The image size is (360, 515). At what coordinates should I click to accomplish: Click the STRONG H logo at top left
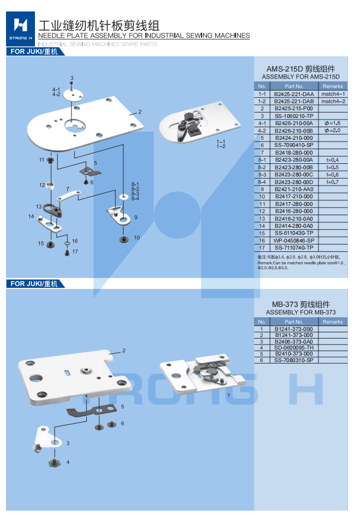(x=20, y=27)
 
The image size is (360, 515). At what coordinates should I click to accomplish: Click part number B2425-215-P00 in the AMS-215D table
(x=293, y=109)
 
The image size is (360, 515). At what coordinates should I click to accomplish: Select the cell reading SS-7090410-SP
(x=293, y=145)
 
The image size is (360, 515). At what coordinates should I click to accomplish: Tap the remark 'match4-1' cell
(x=333, y=94)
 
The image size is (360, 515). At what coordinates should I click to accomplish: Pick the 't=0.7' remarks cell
(x=333, y=182)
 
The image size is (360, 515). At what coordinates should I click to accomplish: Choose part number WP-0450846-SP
(x=293, y=240)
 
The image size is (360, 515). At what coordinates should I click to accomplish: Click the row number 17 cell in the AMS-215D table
(x=262, y=248)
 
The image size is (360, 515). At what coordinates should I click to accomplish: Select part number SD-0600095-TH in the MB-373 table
(x=293, y=347)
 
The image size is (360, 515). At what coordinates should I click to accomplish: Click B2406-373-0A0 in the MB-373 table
(x=293, y=341)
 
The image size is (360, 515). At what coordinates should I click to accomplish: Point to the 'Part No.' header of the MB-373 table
(x=293, y=322)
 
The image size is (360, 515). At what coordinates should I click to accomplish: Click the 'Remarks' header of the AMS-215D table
(x=333, y=86)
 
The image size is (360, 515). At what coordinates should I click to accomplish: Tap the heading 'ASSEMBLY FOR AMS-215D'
(x=300, y=77)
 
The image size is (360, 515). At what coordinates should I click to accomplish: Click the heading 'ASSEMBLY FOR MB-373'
(x=300, y=312)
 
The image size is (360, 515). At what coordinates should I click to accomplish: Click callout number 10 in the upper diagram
(x=137, y=238)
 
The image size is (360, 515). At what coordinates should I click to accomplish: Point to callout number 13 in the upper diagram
(x=39, y=207)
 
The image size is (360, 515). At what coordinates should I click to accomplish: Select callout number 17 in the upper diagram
(x=75, y=252)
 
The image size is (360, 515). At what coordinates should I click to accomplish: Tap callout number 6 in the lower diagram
(x=122, y=423)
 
